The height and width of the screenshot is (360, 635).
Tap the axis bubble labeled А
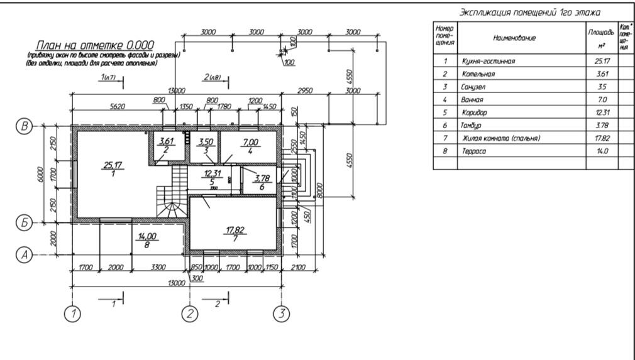point(23,254)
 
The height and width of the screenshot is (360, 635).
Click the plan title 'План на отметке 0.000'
point(95,46)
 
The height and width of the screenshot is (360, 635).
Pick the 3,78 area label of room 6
point(261,178)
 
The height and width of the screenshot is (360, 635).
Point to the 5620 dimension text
point(117,106)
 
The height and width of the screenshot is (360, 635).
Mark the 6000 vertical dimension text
point(40,173)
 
